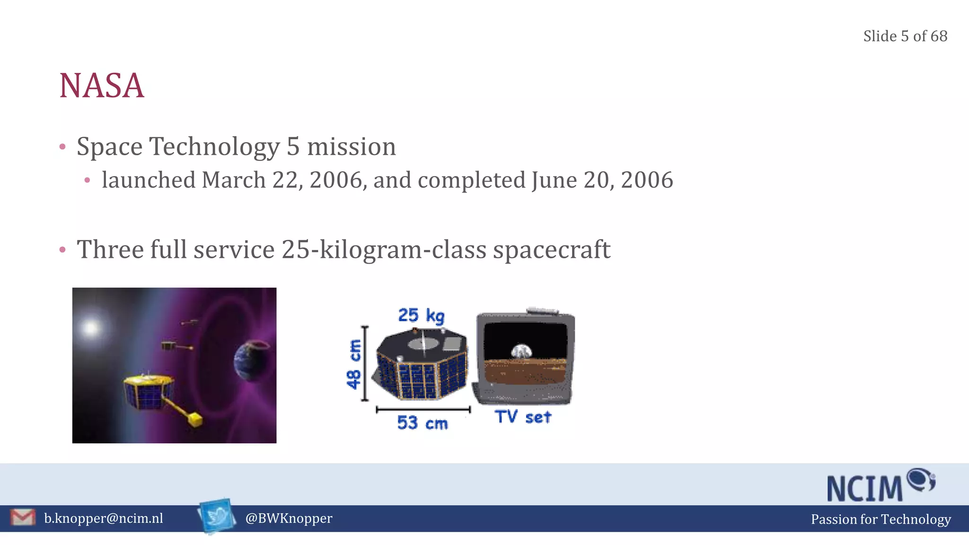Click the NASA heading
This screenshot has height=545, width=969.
pos(101,86)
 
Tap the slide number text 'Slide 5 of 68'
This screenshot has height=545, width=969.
pos(905,36)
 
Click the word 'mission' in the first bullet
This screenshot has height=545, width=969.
pos(351,147)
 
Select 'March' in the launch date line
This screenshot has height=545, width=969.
pos(233,180)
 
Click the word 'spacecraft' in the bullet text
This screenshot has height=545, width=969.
pos(551,250)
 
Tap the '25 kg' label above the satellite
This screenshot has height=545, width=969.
pos(421,316)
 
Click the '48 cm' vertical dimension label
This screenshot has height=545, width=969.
pos(354,364)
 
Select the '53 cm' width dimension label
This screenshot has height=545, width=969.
pos(422,422)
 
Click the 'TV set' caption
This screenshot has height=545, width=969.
pos(523,417)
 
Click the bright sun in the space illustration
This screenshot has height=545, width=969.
pos(91,327)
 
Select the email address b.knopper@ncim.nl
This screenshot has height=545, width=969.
pos(103,519)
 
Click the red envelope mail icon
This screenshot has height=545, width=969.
pos(23,518)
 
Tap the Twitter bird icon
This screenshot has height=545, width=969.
pos(217,516)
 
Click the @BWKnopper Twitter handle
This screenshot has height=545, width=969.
pos(289,519)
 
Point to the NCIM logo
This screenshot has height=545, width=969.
pos(880,486)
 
